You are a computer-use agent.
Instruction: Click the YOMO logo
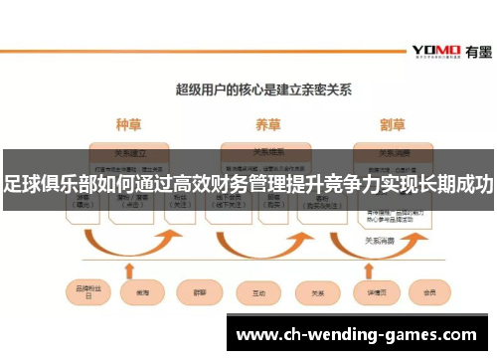(434, 50)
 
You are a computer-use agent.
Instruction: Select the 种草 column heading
(128, 125)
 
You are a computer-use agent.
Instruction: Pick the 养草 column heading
(266, 125)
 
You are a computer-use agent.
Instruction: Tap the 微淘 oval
(136, 293)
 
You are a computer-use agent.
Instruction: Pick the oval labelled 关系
(317, 293)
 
